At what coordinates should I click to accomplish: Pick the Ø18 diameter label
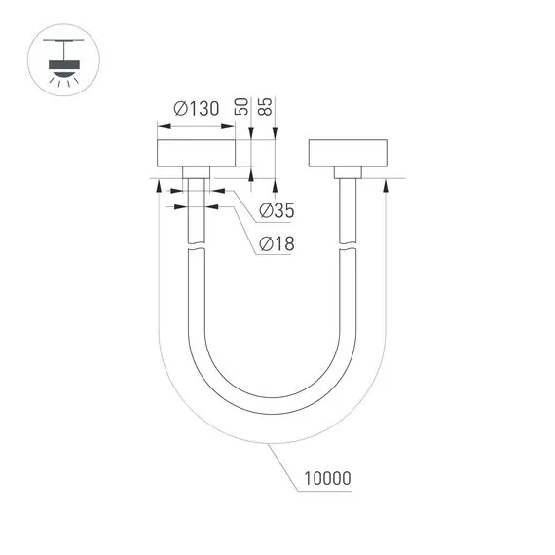[x=277, y=244]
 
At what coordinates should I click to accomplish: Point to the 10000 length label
[x=326, y=479]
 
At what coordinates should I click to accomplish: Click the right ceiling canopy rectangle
[x=348, y=155]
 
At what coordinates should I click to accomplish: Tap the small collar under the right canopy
[x=348, y=172]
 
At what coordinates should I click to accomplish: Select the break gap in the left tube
[x=196, y=248]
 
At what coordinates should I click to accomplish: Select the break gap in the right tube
[x=348, y=248]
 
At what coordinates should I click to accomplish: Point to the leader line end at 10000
[x=290, y=487]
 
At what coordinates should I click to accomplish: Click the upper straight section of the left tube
[x=196, y=209]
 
